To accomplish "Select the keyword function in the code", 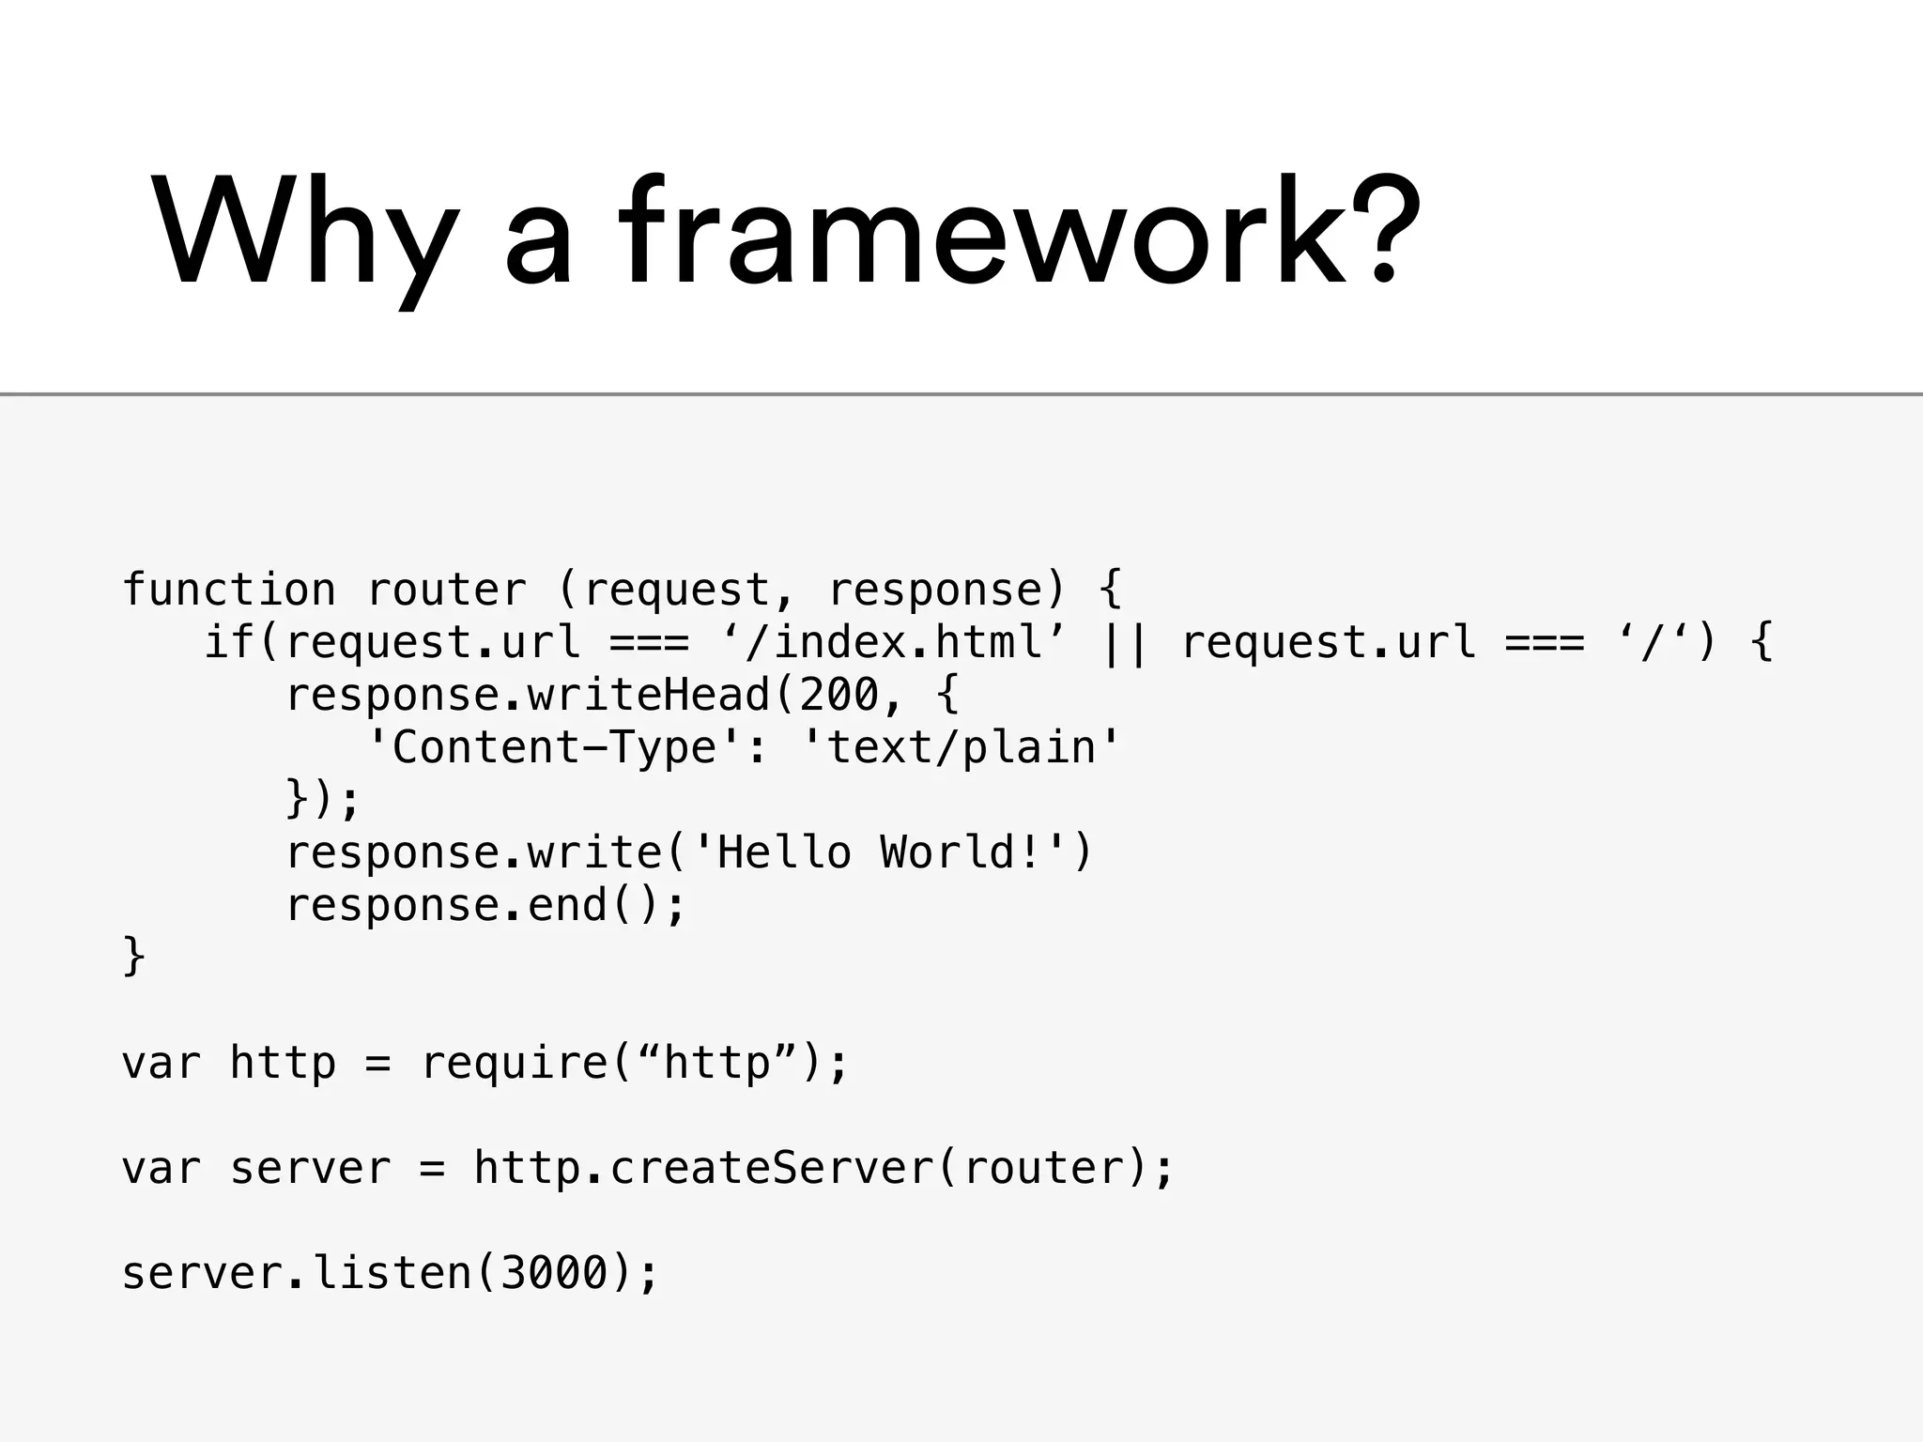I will [x=228, y=590].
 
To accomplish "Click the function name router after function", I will [x=447, y=590].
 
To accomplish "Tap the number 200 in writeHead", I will [x=839, y=695].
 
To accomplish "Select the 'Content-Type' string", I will [x=554, y=747].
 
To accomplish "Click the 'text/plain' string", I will [x=962, y=747].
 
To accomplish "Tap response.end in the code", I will [x=446, y=905].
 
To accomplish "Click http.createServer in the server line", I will [x=703, y=1168].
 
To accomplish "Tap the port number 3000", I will [x=554, y=1273].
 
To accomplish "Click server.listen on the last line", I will [x=296, y=1273].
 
